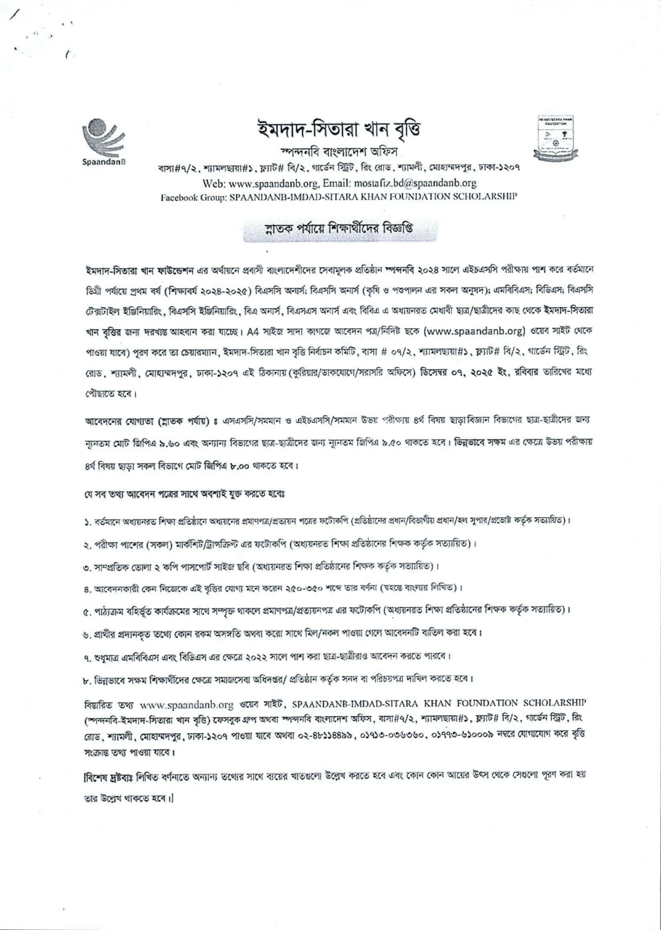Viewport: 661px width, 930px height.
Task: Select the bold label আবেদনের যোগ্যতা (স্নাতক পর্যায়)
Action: point(147,421)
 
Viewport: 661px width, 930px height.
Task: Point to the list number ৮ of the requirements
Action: point(87,680)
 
